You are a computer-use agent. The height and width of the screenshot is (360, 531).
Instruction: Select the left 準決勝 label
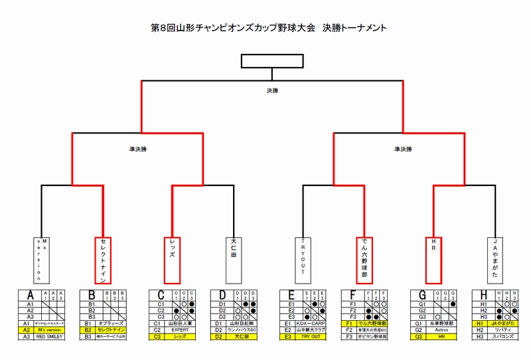(139, 149)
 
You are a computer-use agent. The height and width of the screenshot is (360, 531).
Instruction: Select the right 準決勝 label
(402, 149)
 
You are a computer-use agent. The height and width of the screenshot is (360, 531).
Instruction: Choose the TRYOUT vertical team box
(303, 260)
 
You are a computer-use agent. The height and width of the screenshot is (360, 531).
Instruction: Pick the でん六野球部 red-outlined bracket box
(364, 260)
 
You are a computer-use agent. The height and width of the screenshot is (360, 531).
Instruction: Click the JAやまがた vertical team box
(495, 260)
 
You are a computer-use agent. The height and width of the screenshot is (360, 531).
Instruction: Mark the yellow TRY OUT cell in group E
(311, 337)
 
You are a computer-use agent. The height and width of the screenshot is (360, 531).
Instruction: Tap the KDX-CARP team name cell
(311, 323)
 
